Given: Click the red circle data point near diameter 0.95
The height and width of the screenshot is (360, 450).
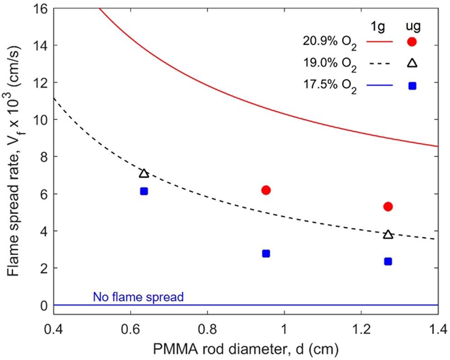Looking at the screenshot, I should (266, 190).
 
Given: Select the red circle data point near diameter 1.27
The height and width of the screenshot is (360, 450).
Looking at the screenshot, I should (388, 207).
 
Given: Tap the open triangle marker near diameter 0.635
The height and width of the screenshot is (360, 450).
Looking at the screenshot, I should (144, 174).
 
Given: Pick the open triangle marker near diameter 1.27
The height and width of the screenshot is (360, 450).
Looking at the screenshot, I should (388, 234).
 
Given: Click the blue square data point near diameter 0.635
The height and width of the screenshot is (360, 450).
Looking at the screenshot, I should (144, 191).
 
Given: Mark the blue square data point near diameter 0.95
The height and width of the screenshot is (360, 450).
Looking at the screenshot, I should (266, 254).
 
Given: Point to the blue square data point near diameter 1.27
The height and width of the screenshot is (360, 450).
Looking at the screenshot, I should (388, 261).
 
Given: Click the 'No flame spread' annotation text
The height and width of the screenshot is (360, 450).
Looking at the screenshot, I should (139, 297).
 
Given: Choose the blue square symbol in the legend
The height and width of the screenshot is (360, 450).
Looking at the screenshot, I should (412, 85).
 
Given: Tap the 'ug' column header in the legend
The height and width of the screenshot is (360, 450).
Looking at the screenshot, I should (412, 25).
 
